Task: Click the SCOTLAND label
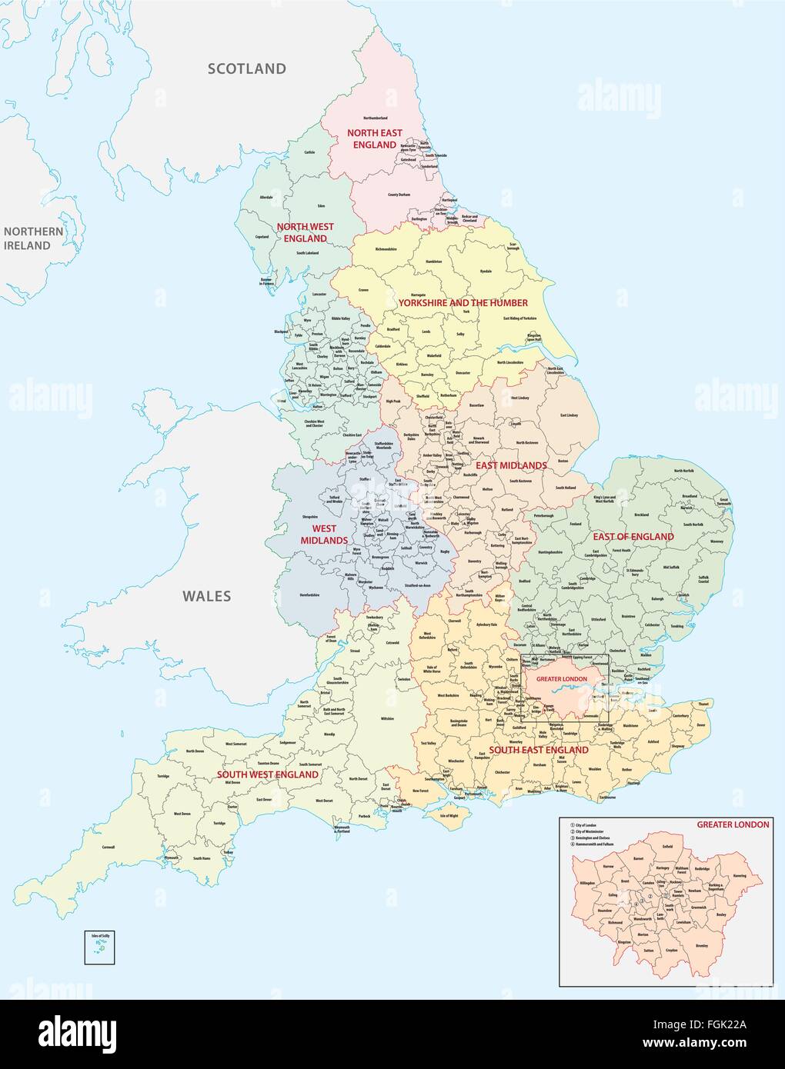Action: click(x=247, y=68)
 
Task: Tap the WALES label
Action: click(x=206, y=595)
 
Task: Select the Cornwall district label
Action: click(x=109, y=847)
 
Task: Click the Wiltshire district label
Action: click(x=386, y=718)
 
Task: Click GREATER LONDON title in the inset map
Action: click(x=732, y=824)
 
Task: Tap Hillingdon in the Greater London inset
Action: click(x=588, y=883)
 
